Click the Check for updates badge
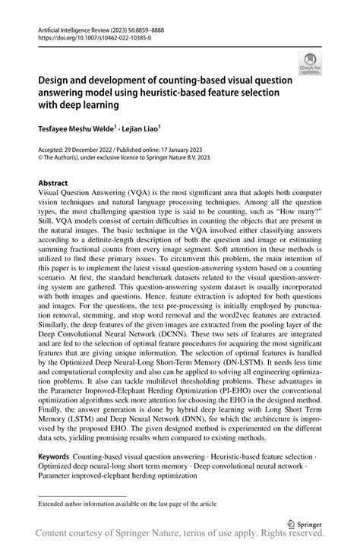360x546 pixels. [x=311, y=65]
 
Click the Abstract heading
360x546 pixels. [x=53, y=183]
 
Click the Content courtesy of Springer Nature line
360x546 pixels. [x=180, y=536]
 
